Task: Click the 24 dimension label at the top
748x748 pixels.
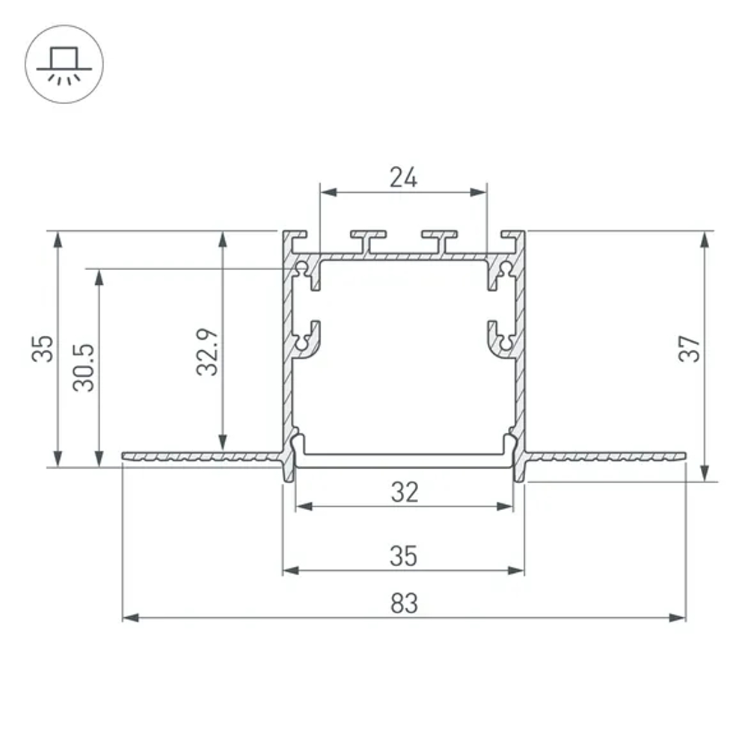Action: pyautogui.click(x=403, y=177)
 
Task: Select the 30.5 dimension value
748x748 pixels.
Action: pyautogui.click(x=85, y=367)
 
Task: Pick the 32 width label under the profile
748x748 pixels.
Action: pyautogui.click(x=403, y=491)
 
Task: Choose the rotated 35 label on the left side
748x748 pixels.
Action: pyautogui.click(x=43, y=349)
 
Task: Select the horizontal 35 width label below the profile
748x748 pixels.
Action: pyautogui.click(x=403, y=556)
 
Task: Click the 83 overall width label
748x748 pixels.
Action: pyautogui.click(x=403, y=603)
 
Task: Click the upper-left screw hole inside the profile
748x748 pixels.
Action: pyautogui.click(x=302, y=268)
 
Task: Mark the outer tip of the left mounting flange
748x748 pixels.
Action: pyautogui.click(x=124, y=455)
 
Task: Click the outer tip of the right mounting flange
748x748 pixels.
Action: pyautogui.click(x=683, y=455)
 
